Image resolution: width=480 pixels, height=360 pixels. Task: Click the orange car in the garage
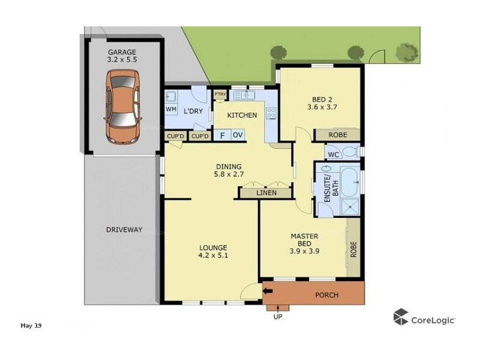click(122, 106)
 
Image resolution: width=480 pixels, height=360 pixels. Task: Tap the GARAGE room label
click(122, 52)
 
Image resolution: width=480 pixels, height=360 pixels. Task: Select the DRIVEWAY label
click(124, 230)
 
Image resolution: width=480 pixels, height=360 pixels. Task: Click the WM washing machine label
click(171, 109)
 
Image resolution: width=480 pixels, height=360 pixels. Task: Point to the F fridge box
click(222, 136)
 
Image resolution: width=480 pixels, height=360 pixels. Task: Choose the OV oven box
click(237, 136)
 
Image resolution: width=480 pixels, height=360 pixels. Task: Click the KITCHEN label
click(242, 115)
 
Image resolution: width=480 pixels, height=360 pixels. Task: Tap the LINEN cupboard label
click(266, 193)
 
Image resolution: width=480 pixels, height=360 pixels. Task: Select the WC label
click(333, 154)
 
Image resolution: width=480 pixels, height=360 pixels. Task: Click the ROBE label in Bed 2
click(337, 136)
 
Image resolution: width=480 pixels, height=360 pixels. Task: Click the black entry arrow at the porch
click(267, 292)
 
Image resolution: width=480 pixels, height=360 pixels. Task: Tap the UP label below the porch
click(277, 316)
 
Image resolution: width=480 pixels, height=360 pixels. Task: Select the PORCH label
click(326, 295)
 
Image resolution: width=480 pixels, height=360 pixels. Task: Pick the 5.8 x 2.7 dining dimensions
click(229, 175)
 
